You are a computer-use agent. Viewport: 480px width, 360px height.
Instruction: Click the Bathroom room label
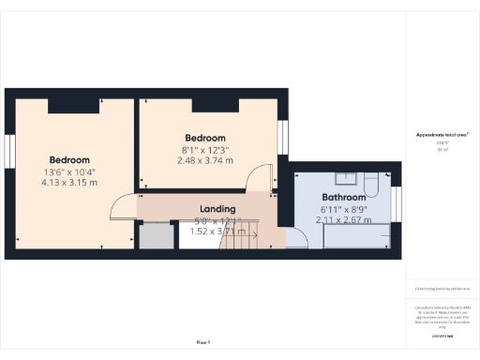tap(344, 198)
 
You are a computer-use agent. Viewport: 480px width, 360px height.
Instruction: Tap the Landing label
tap(217, 208)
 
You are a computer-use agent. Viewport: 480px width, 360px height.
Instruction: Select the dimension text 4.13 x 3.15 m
tap(69, 183)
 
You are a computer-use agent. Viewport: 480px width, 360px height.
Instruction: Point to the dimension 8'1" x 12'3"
tap(205, 149)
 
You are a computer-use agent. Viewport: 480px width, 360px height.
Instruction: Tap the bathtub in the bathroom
tap(355, 237)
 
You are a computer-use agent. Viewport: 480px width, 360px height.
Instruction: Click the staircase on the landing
tap(240, 240)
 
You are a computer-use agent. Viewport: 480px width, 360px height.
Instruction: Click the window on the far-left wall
tap(8, 150)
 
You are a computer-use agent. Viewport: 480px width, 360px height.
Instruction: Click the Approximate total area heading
tap(442, 135)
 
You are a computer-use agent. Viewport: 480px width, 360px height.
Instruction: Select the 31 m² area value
tap(442, 150)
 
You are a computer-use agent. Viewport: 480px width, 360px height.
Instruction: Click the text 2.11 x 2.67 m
tap(344, 219)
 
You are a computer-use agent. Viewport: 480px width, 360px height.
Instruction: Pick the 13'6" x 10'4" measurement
tap(69, 172)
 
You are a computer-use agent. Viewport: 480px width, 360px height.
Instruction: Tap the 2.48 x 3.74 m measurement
tap(205, 160)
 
